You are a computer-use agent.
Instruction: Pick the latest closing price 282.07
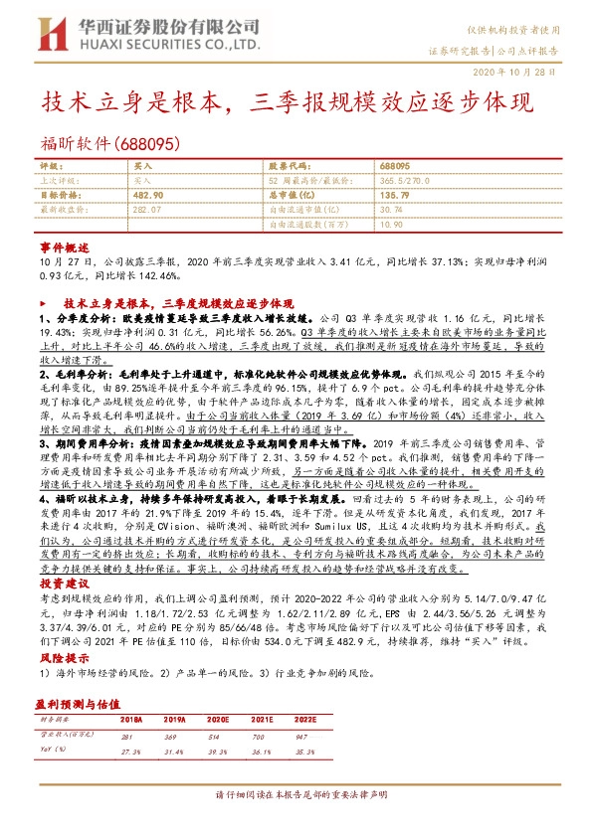coord(146,211)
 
